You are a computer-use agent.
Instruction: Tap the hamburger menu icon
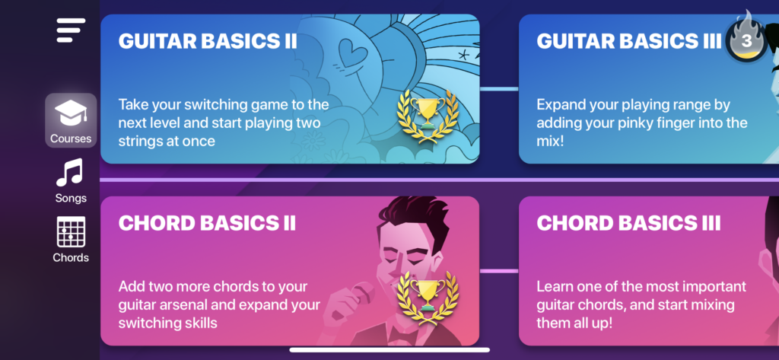coord(71,30)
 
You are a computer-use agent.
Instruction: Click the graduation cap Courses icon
coord(71,113)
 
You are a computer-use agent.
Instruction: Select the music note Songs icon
coord(69,173)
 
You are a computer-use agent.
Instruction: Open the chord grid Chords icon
coord(71,231)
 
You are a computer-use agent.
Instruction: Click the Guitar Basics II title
coord(208,41)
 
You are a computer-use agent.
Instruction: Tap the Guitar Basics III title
coord(629,41)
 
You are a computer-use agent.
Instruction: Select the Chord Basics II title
coord(207,223)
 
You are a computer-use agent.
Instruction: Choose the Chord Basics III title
coord(628,223)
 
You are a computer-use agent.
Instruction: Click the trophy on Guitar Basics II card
coord(428,116)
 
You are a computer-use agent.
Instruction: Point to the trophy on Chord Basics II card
coord(428,298)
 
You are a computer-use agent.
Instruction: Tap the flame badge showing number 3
coord(747,37)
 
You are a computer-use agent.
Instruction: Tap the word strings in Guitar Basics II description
coord(139,141)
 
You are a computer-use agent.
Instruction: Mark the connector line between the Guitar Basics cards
coord(499,89)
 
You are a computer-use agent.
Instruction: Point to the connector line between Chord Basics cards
coord(499,271)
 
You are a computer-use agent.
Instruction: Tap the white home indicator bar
coord(389,350)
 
